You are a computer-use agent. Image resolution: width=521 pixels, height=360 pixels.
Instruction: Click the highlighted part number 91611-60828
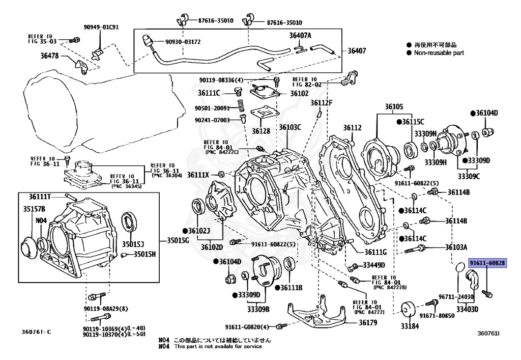coord(487,263)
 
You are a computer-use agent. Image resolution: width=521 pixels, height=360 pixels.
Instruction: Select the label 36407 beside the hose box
coord(357,51)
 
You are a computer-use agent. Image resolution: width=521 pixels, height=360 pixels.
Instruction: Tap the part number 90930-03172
coord(183,42)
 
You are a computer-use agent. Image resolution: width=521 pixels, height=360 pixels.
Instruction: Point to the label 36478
coord(49,56)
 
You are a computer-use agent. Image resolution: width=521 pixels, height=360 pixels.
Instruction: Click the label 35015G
coord(178,240)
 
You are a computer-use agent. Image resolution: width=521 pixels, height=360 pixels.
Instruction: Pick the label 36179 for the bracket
coord(368,322)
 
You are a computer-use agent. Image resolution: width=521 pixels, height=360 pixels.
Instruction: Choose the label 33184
coord(410,326)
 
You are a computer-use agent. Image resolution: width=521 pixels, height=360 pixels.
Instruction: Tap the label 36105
coord(394,107)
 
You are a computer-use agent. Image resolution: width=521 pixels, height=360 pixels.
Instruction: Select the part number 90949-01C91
coord(101,27)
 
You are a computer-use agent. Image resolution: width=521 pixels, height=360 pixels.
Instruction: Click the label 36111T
coord(40,197)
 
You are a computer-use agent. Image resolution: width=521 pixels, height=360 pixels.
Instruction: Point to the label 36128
coord(261,131)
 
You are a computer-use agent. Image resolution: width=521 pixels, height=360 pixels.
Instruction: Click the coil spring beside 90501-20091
coord(241,106)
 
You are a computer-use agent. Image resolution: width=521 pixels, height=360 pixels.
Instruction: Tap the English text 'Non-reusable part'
coord(439,52)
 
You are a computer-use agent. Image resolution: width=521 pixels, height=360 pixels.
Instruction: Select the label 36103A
coord(456,247)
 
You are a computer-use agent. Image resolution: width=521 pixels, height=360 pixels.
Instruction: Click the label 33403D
coord(467,309)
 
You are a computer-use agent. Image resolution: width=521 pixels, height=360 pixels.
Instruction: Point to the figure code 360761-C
coord(37,332)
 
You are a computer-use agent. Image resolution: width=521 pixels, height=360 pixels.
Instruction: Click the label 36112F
coord(322,103)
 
